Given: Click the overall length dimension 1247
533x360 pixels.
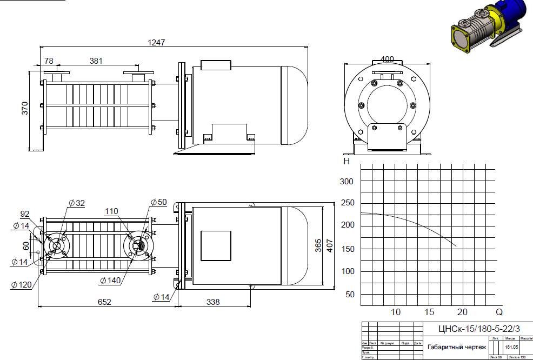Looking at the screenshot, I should tap(156, 42).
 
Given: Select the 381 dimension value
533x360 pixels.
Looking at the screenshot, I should tap(96, 61).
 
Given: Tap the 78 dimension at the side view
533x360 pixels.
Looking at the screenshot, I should tap(49, 61).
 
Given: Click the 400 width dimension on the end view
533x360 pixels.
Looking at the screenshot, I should tap(387, 59).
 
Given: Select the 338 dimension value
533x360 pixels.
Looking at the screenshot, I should tap(214, 302).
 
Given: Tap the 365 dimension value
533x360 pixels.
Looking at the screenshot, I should tap(317, 245).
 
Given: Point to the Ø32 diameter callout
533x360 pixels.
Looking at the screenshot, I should tap(77, 203).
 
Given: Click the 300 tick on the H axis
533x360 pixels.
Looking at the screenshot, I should tap(347, 182).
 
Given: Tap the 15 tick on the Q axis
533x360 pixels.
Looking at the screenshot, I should tap(429, 312).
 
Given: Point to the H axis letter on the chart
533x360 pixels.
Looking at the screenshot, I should tap(347, 161).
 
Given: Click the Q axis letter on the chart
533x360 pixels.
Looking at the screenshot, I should tap(499, 312).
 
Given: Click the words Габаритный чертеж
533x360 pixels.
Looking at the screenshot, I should tap(457, 347).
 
